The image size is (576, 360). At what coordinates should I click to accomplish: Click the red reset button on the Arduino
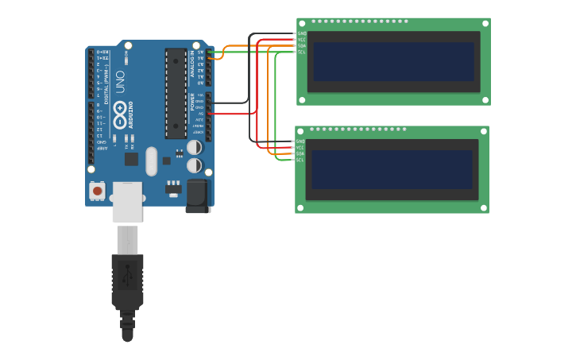[97, 191]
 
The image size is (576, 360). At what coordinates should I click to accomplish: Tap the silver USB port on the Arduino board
[127, 202]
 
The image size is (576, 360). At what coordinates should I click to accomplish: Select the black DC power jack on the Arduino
[198, 196]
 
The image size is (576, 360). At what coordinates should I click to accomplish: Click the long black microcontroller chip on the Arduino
[176, 93]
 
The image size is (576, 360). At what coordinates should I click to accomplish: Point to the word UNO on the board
[120, 82]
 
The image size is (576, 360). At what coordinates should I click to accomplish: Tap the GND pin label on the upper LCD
[301, 33]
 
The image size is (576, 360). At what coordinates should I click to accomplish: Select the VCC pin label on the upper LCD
[301, 40]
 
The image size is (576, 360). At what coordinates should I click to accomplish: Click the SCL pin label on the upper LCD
[301, 52]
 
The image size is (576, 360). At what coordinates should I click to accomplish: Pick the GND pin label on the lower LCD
[300, 141]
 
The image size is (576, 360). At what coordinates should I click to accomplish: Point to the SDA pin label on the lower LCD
[300, 153]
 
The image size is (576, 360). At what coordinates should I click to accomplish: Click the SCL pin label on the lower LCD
[300, 160]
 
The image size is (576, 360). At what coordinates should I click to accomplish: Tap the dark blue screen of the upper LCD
[393, 62]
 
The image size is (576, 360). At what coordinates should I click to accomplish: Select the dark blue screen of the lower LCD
[392, 169]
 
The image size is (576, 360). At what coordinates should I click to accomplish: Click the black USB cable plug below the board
[127, 282]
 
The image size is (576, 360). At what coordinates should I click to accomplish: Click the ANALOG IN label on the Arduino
[191, 64]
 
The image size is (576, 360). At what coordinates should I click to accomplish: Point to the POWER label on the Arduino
[192, 101]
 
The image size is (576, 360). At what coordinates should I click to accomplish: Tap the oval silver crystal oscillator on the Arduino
[151, 161]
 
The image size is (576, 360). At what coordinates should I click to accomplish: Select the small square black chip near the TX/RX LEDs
[131, 159]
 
